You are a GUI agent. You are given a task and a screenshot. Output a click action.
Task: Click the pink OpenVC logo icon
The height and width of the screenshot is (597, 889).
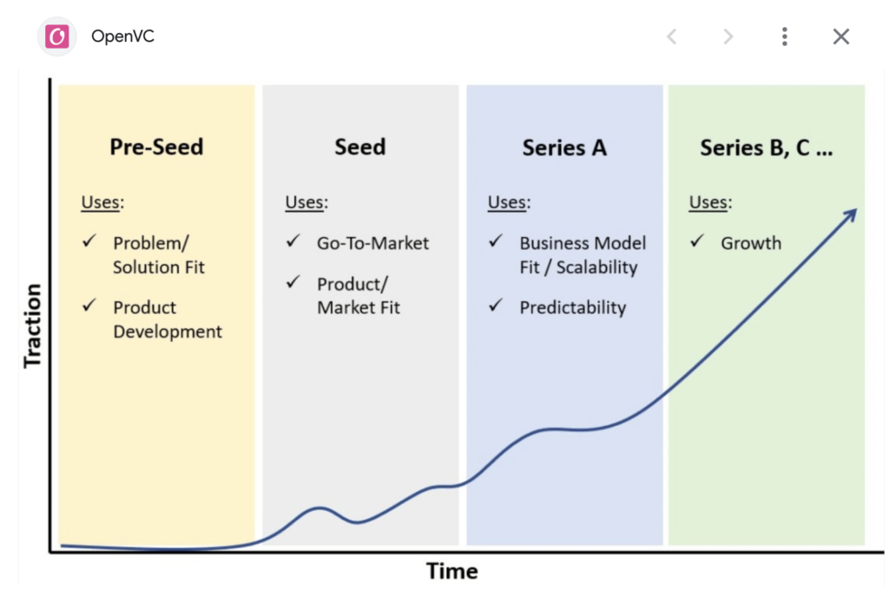point(56,36)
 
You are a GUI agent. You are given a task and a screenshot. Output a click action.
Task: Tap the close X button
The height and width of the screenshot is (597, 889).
point(840,36)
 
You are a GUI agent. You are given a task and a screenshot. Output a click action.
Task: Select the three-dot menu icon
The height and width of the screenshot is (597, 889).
point(785,36)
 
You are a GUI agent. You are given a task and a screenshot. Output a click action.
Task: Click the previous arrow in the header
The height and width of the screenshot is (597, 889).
point(672,36)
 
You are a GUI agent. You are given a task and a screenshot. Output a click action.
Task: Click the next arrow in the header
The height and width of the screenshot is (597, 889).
point(728,36)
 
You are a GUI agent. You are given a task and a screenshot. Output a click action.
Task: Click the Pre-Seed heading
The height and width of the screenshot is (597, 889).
point(156,147)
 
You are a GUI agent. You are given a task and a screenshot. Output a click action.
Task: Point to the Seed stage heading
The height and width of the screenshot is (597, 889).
point(360,147)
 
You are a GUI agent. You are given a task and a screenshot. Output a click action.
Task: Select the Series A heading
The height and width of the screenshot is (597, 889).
point(564,148)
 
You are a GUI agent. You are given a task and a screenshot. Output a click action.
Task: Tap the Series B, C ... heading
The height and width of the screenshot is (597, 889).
point(766,148)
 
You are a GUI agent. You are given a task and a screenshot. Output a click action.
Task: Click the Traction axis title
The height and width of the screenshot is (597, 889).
point(33,325)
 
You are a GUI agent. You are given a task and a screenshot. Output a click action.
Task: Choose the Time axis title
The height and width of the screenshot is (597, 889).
point(451,571)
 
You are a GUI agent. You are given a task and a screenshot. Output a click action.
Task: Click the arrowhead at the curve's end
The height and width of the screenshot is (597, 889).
point(851,214)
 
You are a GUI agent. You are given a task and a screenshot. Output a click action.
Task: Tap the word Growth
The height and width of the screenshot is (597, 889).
point(751,243)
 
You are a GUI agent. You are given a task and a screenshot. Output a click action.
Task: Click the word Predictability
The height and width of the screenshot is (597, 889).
point(573,307)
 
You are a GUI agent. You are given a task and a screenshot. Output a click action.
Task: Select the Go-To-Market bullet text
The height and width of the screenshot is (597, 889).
point(372,243)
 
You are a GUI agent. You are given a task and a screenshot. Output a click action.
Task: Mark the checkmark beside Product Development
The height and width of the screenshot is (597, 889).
point(89,305)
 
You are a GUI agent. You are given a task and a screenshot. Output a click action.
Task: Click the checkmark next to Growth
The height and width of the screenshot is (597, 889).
point(697,241)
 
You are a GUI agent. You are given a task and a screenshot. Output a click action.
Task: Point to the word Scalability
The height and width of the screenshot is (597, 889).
point(596,267)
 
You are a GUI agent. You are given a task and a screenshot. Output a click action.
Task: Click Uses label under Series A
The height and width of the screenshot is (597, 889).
point(509,202)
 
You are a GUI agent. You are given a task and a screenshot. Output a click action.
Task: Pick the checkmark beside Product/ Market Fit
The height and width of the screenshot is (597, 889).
point(293,282)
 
